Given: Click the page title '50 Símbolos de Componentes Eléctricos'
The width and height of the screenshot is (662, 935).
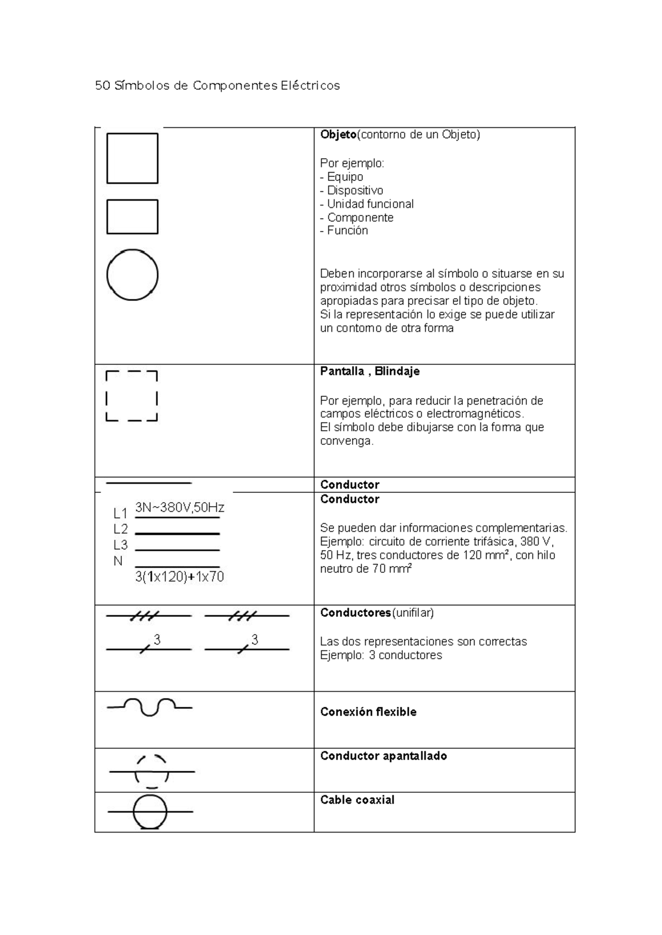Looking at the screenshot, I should [217, 85].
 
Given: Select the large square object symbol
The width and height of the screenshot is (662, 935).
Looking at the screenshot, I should [132, 158].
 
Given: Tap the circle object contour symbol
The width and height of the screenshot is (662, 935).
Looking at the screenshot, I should [132, 275].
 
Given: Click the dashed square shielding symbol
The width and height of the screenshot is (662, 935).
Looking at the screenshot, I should [131, 396].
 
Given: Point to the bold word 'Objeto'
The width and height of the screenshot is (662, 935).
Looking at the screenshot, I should [338, 135].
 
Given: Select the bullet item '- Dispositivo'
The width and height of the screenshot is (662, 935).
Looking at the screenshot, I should [351, 190].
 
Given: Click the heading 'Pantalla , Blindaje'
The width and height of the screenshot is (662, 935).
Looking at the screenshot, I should [370, 371].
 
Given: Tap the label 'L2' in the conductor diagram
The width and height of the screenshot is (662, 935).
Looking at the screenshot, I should [120, 529].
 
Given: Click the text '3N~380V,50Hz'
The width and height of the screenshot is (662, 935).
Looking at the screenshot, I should [180, 507].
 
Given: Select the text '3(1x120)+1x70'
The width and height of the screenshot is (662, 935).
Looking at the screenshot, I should [179, 577].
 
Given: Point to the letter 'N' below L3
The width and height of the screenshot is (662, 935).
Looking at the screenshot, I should [118, 561].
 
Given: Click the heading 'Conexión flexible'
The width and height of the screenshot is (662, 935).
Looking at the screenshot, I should [368, 712].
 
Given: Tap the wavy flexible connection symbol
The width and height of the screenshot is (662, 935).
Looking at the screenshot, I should [150, 706].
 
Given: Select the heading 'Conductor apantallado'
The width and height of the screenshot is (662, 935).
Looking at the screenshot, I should [383, 756].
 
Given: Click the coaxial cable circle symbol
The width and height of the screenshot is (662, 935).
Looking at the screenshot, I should [150, 812].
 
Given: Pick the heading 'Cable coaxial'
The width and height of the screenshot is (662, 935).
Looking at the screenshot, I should [357, 800].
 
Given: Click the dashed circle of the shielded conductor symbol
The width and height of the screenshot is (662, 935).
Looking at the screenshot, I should [152, 771].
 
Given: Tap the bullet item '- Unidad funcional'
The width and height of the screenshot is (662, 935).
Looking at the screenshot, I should [366, 204].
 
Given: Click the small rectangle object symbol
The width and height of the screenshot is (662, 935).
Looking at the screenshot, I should [132, 217].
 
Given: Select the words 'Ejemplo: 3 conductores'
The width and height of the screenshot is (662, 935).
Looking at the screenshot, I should [381, 655].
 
